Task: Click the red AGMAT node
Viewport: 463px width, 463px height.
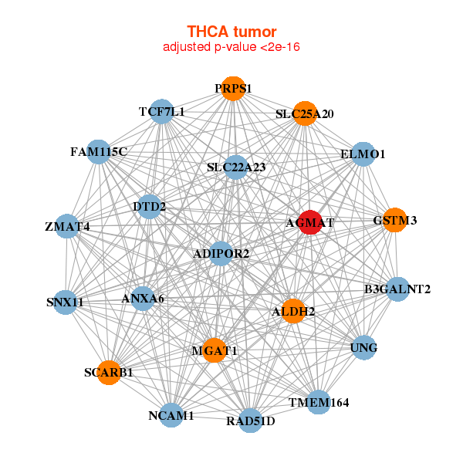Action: tap(310, 222)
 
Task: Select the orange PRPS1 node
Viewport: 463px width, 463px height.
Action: tap(232, 89)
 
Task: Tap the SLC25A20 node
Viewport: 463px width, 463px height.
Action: tap(306, 113)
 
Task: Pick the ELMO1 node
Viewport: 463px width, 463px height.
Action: tap(363, 154)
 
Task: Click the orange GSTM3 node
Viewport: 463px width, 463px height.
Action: tap(394, 220)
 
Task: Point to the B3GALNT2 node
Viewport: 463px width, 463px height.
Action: tap(397, 289)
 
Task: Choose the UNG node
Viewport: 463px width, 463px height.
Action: tap(363, 347)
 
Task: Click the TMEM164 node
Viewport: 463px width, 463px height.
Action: tap(319, 402)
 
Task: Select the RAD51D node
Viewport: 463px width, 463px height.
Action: tap(250, 421)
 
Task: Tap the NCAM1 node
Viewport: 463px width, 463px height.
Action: tap(171, 415)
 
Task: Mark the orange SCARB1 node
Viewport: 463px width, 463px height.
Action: tap(109, 372)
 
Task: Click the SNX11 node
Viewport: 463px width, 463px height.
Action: tap(66, 302)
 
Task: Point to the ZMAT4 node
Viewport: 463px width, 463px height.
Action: tap(67, 226)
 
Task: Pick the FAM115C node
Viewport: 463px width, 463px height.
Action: tap(98, 152)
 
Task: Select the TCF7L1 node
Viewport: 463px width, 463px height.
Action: tap(161, 112)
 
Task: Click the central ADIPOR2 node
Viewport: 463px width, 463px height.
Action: tap(221, 253)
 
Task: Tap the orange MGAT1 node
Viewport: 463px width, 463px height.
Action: tap(215, 350)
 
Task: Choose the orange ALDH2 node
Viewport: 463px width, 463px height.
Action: tap(293, 311)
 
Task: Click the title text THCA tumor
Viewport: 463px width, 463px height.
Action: tap(231, 32)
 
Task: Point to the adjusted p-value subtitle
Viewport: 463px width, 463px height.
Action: tap(231, 47)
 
